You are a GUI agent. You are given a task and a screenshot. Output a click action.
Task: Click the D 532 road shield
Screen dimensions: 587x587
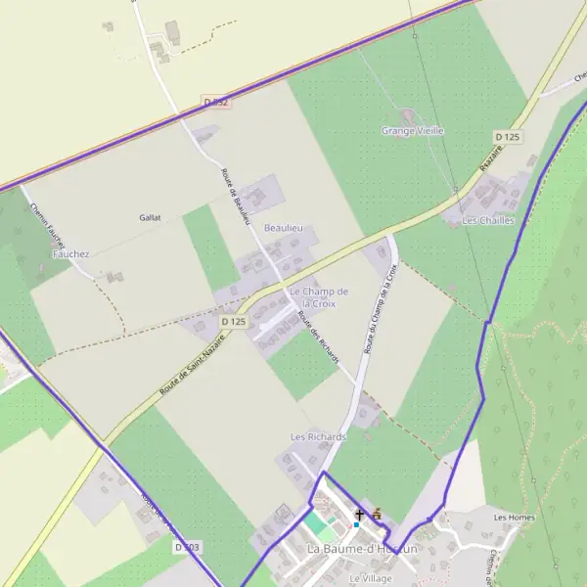point(216,102)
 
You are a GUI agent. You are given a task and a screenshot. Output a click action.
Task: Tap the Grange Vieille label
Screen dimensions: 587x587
point(412,130)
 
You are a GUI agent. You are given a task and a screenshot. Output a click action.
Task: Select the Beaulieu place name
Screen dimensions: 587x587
point(284,227)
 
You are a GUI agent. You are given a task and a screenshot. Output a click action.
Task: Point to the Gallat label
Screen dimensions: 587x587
point(150,217)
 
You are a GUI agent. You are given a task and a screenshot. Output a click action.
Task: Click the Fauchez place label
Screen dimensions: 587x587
point(70,253)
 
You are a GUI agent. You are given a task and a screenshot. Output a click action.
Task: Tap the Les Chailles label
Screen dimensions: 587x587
point(488,221)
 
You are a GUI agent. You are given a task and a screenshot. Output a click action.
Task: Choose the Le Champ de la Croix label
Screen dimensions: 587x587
point(319,297)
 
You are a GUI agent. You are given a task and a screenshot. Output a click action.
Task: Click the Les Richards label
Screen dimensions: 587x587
point(318,436)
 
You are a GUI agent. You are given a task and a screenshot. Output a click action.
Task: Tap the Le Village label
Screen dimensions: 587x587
point(371,578)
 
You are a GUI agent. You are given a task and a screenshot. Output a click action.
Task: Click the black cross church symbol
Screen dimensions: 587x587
point(359,514)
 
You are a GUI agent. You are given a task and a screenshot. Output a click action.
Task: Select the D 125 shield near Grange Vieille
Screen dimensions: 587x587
point(506,136)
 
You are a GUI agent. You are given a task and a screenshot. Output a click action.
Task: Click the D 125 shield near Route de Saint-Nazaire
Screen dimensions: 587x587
point(233,321)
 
